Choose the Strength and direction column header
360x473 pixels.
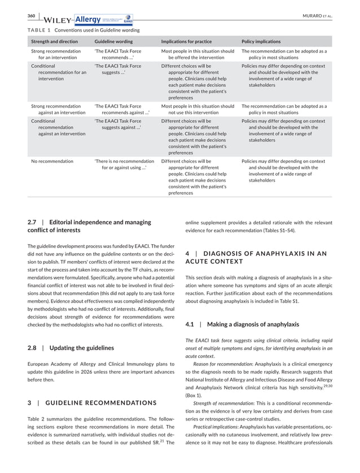(x=55, y=42)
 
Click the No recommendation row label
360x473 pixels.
(x=52, y=161)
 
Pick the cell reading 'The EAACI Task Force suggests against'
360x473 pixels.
(x=118, y=124)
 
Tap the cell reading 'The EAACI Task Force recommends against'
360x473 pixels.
(x=118, y=109)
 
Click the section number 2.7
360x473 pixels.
(x=32, y=222)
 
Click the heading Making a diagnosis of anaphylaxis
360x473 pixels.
(x=253, y=324)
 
